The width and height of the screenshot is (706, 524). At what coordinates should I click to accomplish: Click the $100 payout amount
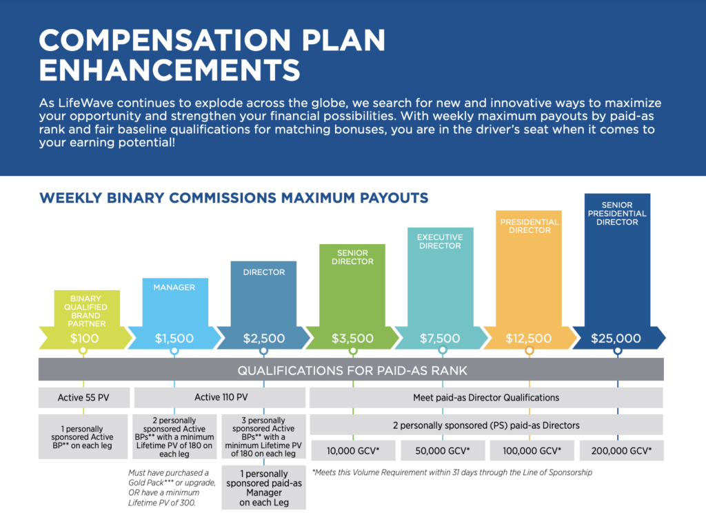(x=84, y=339)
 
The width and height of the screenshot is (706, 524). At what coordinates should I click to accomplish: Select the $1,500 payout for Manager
(x=174, y=339)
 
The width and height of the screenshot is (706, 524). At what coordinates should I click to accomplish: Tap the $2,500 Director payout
(x=263, y=339)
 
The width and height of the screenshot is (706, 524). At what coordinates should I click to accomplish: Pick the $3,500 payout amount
(x=352, y=339)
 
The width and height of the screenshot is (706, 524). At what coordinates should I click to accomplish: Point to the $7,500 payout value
(x=441, y=339)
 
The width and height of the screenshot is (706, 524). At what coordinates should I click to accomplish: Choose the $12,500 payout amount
(x=529, y=339)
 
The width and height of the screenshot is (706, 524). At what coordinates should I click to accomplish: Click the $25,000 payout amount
(x=618, y=339)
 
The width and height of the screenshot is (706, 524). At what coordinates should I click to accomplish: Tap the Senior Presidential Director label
(x=618, y=214)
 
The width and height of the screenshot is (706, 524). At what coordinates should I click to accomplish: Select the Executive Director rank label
(x=441, y=242)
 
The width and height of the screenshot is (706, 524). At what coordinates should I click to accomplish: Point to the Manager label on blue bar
(x=174, y=287)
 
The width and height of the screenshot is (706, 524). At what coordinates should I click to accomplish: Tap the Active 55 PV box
(x=83, y=397)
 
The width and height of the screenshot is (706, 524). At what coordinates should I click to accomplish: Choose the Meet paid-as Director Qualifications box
(x=486, y=397)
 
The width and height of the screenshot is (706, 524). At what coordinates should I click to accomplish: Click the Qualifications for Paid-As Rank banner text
(x=352, y=370)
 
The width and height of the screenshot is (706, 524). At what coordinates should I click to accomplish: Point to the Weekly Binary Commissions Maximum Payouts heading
(x=234, y=199)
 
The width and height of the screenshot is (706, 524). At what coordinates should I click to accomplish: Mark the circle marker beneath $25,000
(x=618, y=351)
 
